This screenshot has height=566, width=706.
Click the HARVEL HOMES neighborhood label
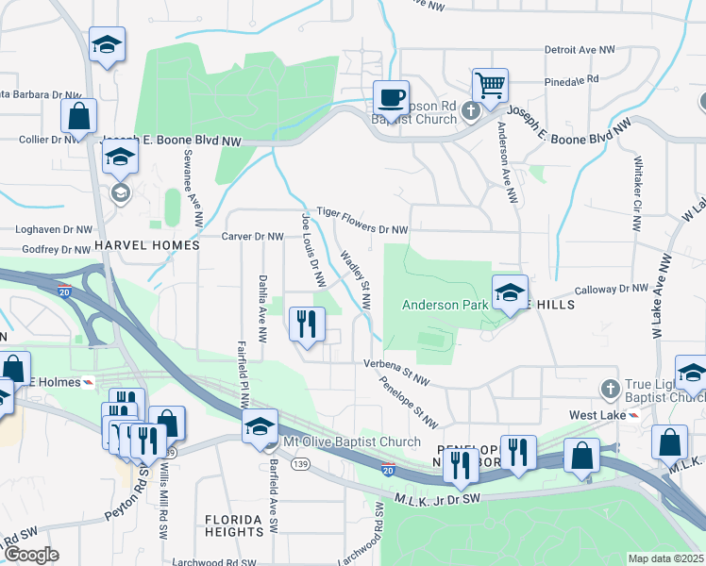click(147, 245)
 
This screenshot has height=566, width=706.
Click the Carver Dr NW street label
click(253, 237)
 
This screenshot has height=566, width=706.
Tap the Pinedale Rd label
click(573, 81)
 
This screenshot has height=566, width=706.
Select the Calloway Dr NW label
click(614, 289)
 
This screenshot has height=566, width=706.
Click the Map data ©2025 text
click(665, 558)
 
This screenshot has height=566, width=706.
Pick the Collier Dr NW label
click(44, 140)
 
